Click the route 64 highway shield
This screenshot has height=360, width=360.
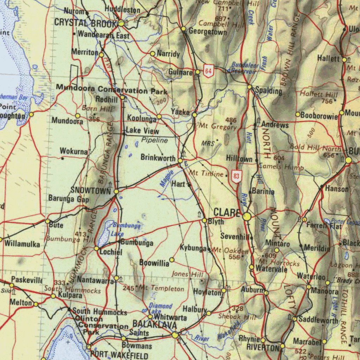pyautogui.click(x=208, y=72)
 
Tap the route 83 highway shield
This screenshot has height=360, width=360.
pyautogui.click(x=237, y=176)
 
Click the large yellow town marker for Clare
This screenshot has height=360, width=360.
pyautogui.click(x=247, y=217)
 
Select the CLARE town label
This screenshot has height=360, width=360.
pyautogui.click(x=227, y=213)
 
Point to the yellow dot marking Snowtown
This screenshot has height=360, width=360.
pyautogui.click(x=116, y=191)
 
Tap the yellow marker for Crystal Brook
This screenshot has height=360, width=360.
pyautogui.click(x=121, y=23)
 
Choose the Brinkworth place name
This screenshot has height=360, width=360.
pyautogui.click(x=158, y=157)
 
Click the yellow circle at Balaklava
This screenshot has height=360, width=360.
pyautogui.click(x=175, y=335)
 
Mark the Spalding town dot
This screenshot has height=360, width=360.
pyautogui.click(x=249, y=87)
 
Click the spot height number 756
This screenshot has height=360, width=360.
pyautogui.click(x=327, y=101)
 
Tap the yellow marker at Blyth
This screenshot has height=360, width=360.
pyautogui.click(x=204, y=220)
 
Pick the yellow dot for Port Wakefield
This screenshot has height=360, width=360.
pyautogui.click(x=89, y=347)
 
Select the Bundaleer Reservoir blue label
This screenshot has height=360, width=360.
pyautogui.click(x=245, y=68)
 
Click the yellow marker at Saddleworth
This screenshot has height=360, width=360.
pyautogui.click(x=294, y=319)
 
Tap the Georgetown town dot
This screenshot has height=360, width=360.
pyautogui.click(x=184, y=28)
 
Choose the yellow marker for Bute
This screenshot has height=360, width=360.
pyautogui.click(x=47, y=221)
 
